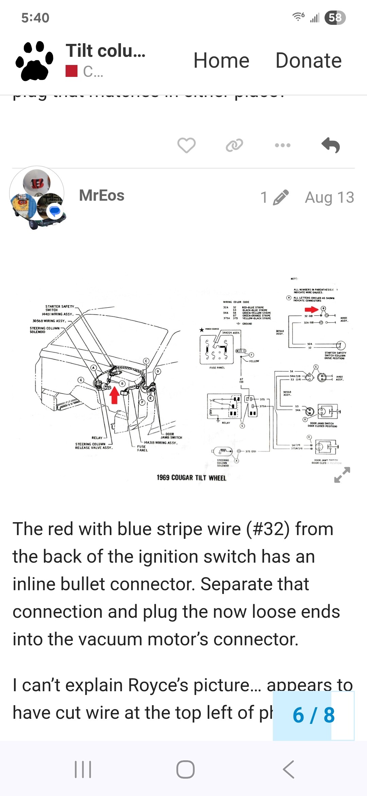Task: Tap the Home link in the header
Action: click(221, 61)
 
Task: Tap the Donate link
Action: click(308, 61)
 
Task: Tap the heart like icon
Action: click(186, 145)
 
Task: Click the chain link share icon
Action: click(234, 145)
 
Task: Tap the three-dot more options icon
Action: click(283, 145)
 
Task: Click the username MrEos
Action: click(102, 196)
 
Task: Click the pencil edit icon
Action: click(281, 197)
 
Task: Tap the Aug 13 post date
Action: click(329, 197)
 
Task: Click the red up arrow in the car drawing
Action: click(115, 395)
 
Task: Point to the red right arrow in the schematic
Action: click(311, 310)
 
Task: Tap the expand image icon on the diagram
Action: click(342, 475)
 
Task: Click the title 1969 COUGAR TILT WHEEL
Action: click(191, 478)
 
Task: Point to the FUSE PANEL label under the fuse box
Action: click(217, 368)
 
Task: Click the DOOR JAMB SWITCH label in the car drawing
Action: click(171, 436)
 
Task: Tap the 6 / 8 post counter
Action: click(313, 715)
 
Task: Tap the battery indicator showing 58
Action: click(335, 18)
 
